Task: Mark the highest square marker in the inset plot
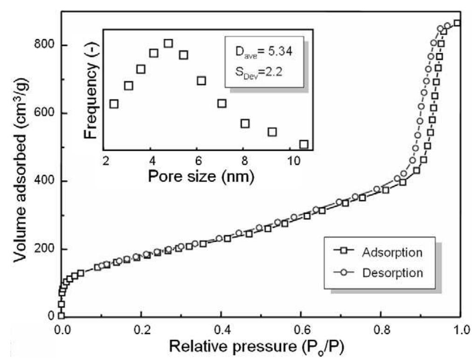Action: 168,43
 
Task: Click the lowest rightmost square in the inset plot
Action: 304,144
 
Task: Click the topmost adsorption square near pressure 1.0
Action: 458,23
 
